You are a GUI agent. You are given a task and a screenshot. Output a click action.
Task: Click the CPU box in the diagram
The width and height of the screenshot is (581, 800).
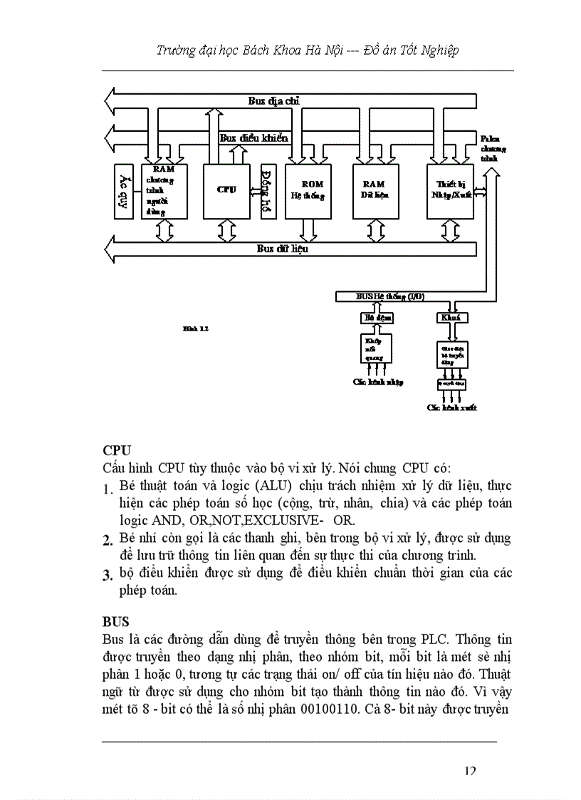click(226, 190)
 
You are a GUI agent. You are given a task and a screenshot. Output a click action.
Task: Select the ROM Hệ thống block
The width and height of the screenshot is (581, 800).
click(307, 190)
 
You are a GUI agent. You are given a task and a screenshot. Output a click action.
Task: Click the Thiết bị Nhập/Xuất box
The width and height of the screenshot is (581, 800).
click(450, 190)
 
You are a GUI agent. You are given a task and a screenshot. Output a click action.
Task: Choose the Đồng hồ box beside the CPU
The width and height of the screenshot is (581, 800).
click(268, 191)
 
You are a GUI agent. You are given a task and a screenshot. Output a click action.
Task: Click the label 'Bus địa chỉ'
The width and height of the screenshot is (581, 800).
click(274, 101)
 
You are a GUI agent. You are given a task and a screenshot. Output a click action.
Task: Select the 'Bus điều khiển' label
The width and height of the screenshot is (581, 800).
click(253, 138)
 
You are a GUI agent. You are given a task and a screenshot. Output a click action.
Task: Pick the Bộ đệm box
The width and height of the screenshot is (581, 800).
click(375, 317)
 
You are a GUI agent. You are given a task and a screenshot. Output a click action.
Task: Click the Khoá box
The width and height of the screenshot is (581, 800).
click(450, 317)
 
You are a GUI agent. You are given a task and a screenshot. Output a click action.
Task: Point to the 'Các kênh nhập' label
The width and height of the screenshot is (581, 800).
click(377, 382)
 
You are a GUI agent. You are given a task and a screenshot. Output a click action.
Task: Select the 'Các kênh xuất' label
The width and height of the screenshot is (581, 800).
click(451, 407)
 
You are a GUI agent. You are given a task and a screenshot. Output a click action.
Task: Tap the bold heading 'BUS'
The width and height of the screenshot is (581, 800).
click(116, 622)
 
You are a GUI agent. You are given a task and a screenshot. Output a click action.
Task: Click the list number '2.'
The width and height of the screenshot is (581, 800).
click(108, 542)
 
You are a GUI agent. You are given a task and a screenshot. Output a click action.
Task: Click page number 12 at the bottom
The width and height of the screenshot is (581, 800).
click(469, 772)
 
